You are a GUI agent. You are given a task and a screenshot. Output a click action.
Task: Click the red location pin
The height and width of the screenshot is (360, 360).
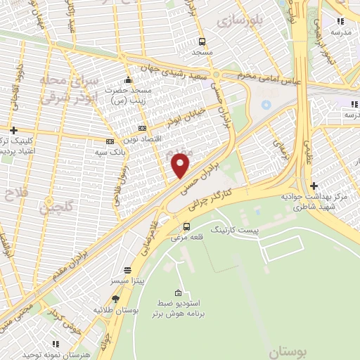tap(181, 165)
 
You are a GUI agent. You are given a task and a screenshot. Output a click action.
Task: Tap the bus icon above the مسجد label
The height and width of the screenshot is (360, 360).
tap(202, 41)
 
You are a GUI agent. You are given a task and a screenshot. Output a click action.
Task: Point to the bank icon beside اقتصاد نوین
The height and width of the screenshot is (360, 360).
tap(143, 129)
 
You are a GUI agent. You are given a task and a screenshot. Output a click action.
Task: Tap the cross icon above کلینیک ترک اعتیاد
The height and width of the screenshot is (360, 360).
tap(14, 130)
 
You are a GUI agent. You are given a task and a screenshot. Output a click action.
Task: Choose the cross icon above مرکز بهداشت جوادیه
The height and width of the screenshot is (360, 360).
tap(314, 186)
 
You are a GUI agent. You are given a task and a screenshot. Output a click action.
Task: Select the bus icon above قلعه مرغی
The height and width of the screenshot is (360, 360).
tap(186, 226)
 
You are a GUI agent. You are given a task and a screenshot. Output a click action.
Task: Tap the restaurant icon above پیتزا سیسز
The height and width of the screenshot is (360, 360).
tap(127, 270)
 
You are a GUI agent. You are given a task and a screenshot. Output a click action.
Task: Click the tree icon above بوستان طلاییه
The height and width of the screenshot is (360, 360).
tap(116, 299)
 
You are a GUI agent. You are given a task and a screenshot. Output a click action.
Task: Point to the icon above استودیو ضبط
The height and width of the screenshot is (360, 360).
tap(179, 293)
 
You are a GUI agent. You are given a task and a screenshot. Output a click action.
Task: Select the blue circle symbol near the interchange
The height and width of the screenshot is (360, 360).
tap(266, 105)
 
